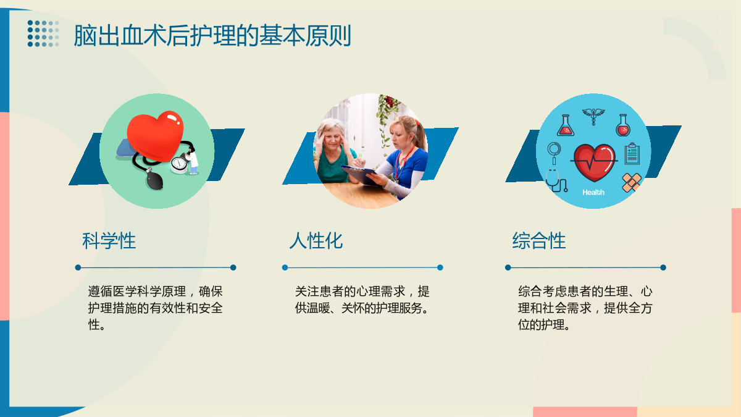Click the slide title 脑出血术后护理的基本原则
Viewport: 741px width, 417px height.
click(x=212, y=35)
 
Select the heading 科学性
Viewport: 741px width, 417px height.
click(x=109, y=240)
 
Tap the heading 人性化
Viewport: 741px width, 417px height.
click(x=316, y=240)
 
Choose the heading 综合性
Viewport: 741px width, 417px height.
click(x=539, y=240)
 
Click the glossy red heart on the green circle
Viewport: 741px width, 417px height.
click(x=155, y=136)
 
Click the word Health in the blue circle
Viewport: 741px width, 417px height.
click(x=593, y=192)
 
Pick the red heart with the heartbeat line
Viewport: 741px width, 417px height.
click(x=595, y=162)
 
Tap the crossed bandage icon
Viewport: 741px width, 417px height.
click(x=632, y=182)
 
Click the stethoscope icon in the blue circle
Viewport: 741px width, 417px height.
click(x=556, y=181)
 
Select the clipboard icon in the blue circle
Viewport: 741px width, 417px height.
click(x=632, y=154)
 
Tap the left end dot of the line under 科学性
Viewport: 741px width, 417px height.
click(x=78, y=267)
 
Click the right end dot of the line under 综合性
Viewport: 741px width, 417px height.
click(x=663, y=267)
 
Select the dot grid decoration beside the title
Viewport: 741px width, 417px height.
click(x=43, y=33)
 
